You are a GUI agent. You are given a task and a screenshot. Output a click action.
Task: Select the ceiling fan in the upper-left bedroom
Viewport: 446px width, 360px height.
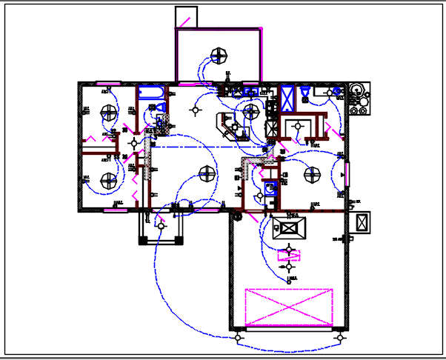[x=110, y=113]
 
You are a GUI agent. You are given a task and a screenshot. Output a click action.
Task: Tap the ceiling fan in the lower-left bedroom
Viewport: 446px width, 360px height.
[x=110, y=179]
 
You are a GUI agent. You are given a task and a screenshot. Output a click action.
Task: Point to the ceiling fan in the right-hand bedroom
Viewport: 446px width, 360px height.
[x=310, y=176]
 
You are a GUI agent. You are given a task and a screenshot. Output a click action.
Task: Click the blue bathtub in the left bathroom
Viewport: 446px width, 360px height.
[x=153, y=93]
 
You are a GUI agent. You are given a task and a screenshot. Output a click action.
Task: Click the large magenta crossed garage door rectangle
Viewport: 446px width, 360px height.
[x=288, y=307]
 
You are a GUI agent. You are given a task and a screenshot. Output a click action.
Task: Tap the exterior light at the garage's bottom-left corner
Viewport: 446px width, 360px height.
[x=238, y=338]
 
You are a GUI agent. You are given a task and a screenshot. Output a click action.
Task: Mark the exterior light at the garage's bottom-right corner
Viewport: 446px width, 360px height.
[x=340, y=338]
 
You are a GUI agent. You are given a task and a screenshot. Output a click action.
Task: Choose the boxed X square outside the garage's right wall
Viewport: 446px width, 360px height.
[x=363, y=223]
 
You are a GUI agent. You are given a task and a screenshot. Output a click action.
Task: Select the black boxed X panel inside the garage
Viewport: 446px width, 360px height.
[x=288, y=224]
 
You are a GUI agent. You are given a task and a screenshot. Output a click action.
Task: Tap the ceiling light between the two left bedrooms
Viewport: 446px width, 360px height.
[x=133, y=142]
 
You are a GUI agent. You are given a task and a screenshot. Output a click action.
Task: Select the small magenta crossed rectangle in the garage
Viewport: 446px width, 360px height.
[x=289, y=256]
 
